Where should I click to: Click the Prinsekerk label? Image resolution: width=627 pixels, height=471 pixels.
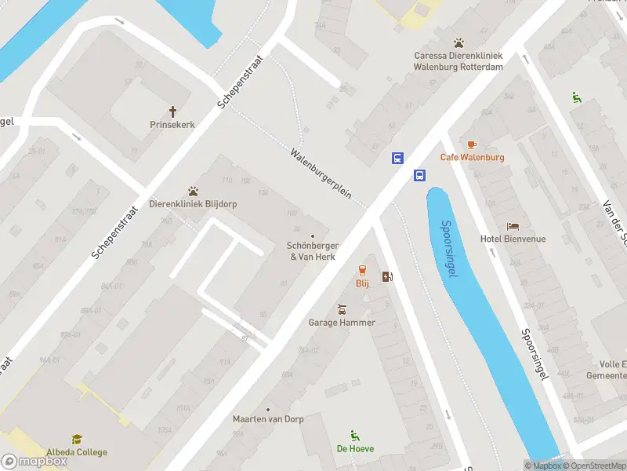172,124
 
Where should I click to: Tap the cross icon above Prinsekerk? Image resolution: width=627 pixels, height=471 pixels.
172,111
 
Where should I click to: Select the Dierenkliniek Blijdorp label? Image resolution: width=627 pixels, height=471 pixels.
193,204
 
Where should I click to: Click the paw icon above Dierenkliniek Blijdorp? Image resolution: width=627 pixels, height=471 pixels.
193,191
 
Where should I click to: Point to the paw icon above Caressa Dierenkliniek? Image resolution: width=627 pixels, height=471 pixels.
458,42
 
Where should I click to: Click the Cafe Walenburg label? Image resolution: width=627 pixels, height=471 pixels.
472,157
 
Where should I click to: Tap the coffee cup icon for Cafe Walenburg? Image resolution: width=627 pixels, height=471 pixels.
472,144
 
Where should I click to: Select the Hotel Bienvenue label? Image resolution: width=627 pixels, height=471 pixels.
513,239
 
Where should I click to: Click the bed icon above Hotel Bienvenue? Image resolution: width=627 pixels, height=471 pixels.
513,226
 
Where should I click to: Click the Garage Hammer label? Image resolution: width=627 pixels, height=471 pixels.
342,322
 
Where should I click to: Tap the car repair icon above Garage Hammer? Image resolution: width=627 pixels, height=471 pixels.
342,309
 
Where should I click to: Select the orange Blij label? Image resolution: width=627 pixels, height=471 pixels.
362,283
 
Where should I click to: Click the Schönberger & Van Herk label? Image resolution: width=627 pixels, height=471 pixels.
313,250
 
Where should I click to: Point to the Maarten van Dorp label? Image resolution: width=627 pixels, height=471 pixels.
267,419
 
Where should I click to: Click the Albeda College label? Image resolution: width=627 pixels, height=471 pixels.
77,452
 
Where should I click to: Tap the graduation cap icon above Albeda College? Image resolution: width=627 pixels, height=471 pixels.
77,440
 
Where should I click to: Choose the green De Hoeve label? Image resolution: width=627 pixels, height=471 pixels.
355,449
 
